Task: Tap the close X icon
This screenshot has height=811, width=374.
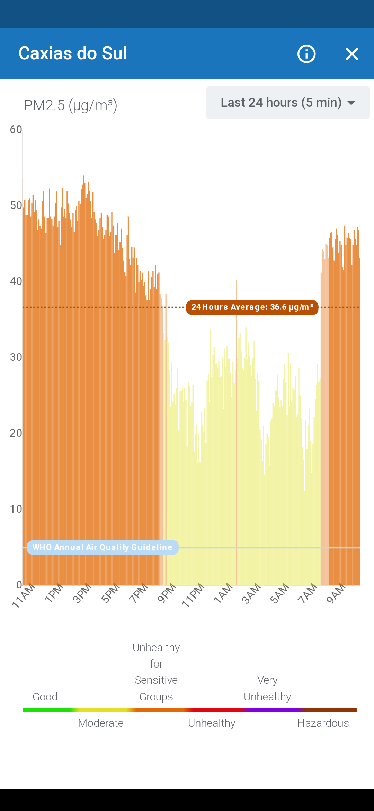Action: click(352, 54)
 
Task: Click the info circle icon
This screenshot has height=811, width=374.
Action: click(306, 54)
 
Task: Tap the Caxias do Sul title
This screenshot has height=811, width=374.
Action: click(73, 53)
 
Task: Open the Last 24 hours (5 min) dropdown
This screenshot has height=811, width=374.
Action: click(288, 103)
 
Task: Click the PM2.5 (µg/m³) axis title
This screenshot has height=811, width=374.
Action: click(71, 105)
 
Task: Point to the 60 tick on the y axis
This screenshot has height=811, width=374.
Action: click(16, 130)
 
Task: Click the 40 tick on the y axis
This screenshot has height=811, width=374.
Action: click(16, 281)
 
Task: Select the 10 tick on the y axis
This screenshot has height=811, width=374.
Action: click(16, 509)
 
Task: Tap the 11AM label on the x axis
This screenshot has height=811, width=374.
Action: click(24, 595)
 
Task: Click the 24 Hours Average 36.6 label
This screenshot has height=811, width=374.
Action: click(252, 307)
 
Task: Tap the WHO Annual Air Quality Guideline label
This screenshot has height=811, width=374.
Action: click(103, 547)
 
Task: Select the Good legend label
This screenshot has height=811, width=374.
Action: click(45, 697)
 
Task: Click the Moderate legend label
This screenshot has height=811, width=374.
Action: click(101, 723)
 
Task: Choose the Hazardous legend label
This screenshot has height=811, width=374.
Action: click(323, 723)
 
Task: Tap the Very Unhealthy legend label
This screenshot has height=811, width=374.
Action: click(267, 688)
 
